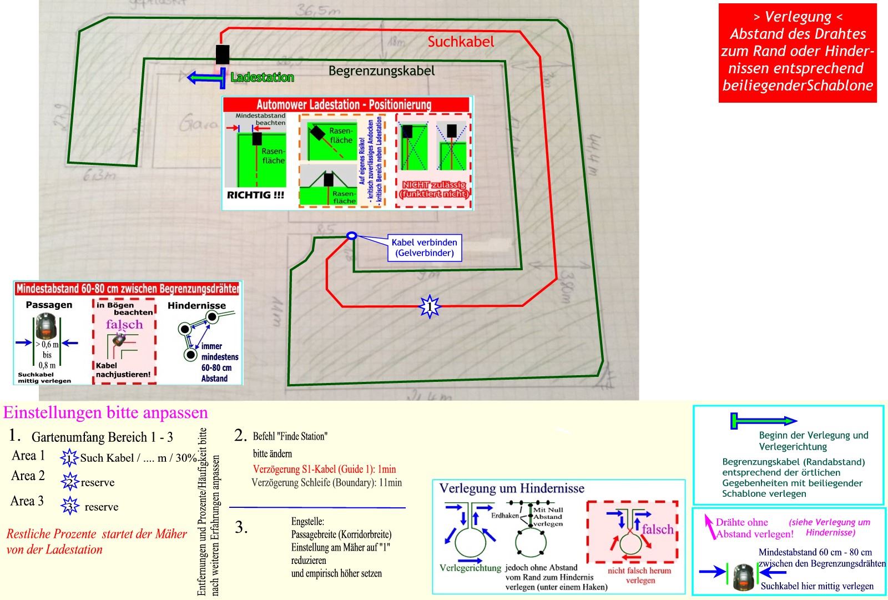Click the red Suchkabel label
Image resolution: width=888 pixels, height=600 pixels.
[461, 42]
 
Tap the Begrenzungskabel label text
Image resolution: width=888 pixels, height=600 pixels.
[381, 71]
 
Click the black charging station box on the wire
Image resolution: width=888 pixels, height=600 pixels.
[223, 55]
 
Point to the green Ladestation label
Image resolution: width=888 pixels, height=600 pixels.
[262, 77]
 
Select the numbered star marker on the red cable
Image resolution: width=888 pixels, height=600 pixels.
[429, 306]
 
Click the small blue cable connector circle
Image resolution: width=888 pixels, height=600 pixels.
[351, 236]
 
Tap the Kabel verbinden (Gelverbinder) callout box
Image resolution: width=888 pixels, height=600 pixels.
[424, 248]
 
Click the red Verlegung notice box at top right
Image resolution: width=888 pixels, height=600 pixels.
[798, 52]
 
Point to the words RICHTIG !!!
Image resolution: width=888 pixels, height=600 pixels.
[255, 195]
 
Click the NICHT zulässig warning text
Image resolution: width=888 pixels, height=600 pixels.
[434, 189]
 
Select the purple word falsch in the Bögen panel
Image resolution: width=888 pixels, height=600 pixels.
[124, 324]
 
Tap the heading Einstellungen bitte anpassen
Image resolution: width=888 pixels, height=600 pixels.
[105, 413]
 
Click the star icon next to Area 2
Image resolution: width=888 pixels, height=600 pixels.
[70, 481]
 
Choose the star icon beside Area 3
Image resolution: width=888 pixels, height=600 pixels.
[70, 506]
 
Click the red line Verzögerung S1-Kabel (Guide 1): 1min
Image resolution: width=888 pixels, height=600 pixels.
[324, 469]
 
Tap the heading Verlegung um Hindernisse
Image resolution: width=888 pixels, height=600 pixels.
[512, 488]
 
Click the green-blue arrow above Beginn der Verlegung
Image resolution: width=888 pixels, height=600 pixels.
[763, 421]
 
